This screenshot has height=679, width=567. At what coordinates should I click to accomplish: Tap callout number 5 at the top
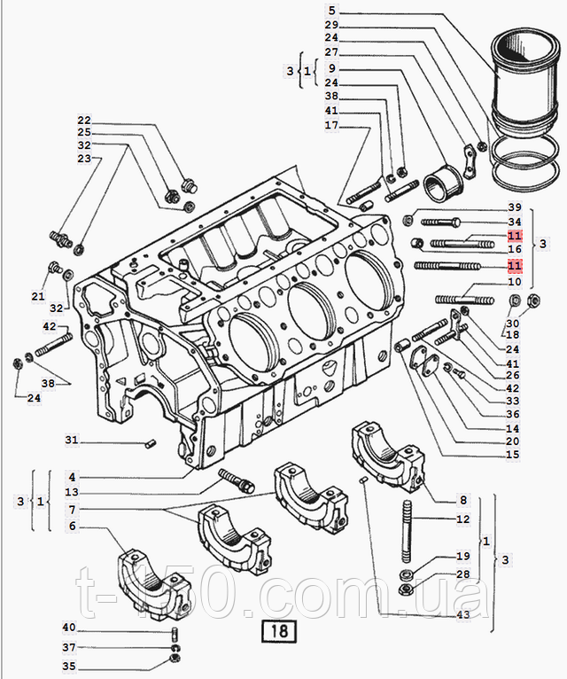click(331, 11)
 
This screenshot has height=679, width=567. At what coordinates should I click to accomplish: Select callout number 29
click(331, 25)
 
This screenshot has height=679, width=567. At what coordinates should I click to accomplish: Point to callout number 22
click(84, 121)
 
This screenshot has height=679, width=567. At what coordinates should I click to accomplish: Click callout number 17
click(331, 125)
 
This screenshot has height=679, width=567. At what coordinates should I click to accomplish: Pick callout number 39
click(515, 207)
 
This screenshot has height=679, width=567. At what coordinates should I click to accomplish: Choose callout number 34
click(515, 222)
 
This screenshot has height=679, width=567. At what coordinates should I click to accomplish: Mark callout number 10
click(515, 281)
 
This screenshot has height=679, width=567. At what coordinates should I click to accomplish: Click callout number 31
click(72, 441)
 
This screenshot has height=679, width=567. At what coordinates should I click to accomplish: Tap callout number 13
click(72, 493)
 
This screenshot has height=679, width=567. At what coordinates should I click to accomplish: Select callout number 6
click(72, 526)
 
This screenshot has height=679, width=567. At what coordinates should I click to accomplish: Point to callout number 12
click(462, 519)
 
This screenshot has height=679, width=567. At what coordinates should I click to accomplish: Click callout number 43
click(462, 615)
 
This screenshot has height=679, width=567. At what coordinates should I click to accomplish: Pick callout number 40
click(69, 628)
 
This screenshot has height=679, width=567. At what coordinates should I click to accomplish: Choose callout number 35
click(69, 666)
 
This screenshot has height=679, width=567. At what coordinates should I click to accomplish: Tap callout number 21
click(38, 296)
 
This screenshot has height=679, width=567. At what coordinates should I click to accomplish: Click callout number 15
click(512, 455)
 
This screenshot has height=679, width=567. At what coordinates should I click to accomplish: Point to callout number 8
click(462, 500)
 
